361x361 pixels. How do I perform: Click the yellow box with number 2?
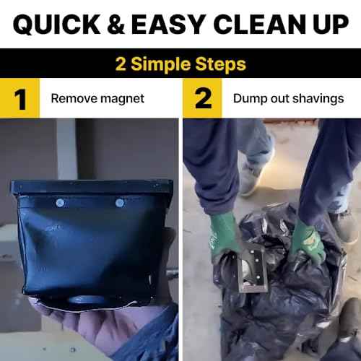coord(203,99)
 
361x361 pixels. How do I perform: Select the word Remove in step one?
coord(73,98)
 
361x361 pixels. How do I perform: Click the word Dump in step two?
coord(245,98)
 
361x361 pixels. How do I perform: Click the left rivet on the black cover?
coord(60,203)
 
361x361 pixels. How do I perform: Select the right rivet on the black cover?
coord(120,203)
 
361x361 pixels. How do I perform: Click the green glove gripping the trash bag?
coord(307,242)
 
